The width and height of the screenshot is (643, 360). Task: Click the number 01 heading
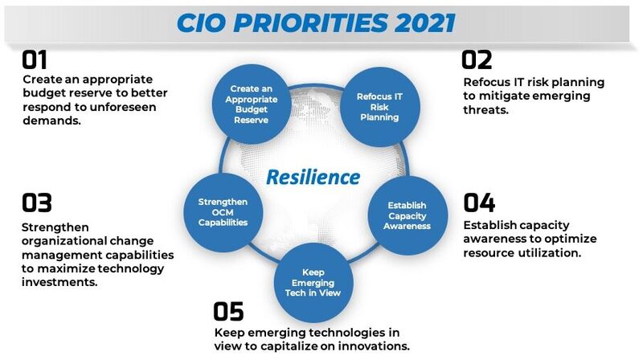click(35, 60)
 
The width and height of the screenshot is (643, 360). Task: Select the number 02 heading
click(477, 60)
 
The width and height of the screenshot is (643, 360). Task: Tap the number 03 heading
click(37, 202)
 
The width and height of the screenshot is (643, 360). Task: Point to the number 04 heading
click(479, 202)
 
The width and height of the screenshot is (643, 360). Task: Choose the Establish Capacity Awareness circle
click(407, 215)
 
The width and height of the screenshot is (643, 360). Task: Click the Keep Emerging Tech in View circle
click(313, 282)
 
